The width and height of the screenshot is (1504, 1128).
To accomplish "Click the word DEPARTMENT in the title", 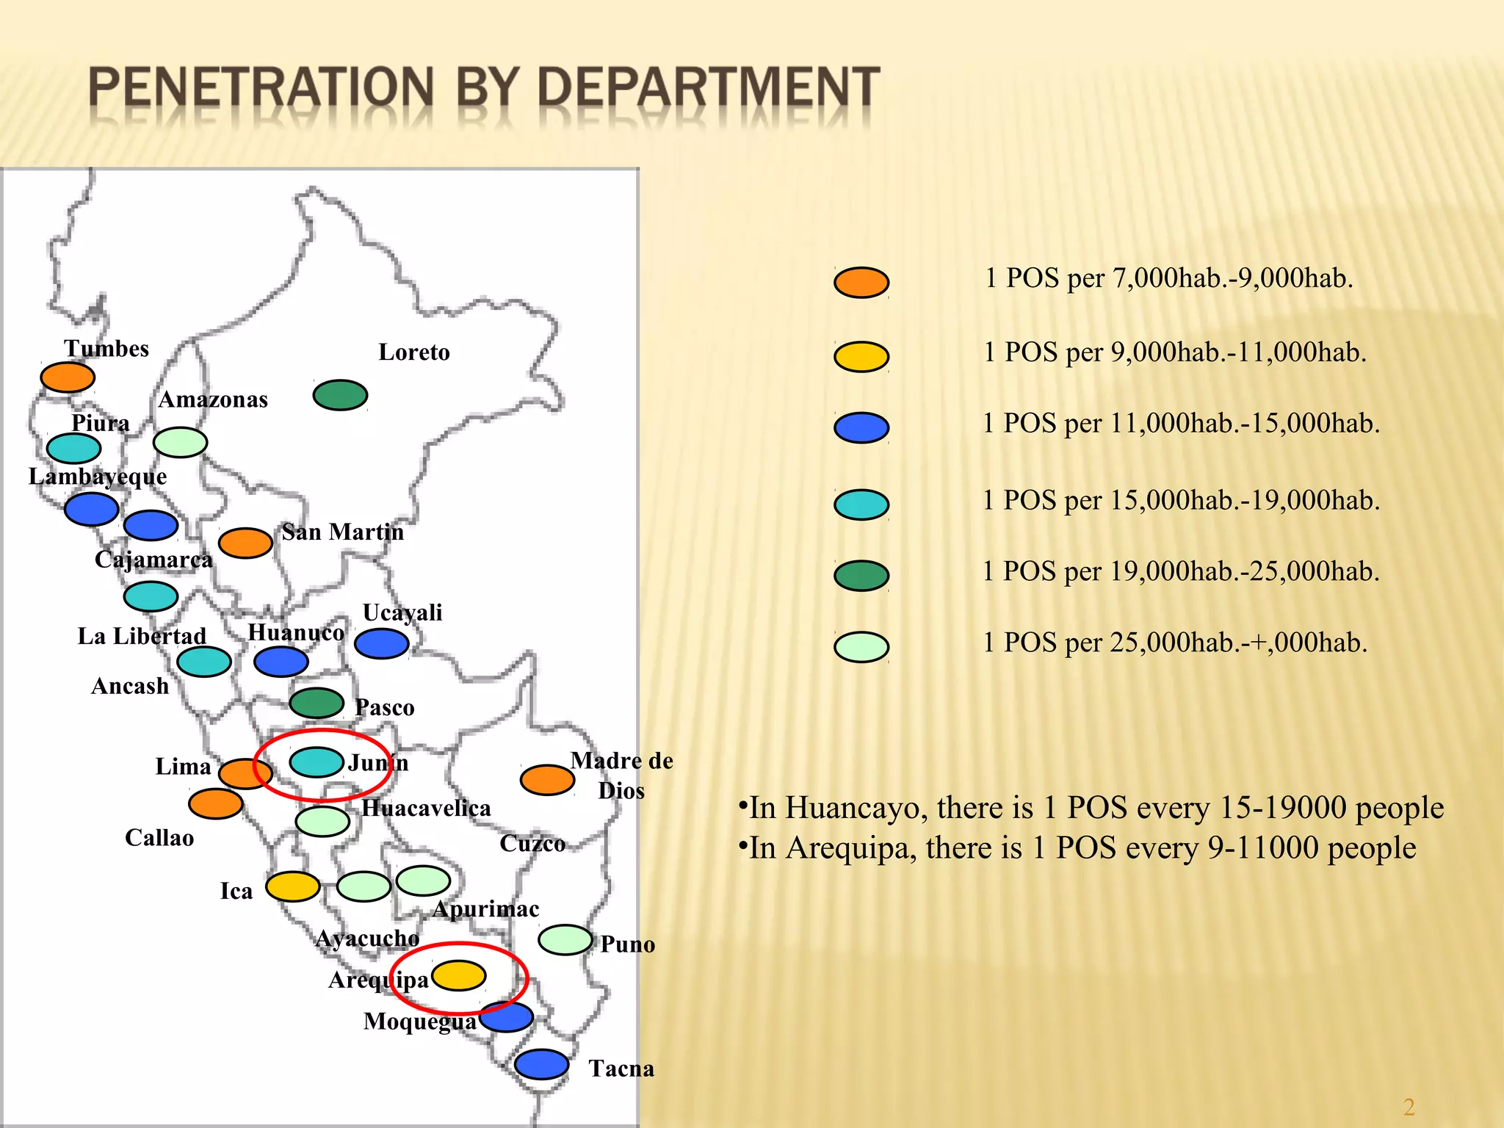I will pyautogui.click(x=708, y=87).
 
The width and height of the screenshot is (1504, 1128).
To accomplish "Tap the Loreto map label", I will pyautogui.click(x=413, y=352).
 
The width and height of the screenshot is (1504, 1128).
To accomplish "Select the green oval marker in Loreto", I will pyautogui.click(x=340, y=395).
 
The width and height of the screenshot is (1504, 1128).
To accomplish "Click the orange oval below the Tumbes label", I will pyautogui.click(x=68, y=377).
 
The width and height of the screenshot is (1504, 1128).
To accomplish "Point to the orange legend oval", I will pyautogui.click(x=861, y=282).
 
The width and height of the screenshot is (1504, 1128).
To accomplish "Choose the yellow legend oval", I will pyautogui.click(x=861, y=357).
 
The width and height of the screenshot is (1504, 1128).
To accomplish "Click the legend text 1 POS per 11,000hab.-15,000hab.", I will pyautogui.click(x=1181, y=424).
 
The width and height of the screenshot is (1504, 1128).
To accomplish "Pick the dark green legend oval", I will pyautogui.click(x=861, y=575).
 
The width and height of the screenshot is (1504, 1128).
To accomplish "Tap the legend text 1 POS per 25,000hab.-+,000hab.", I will pyautogui.click(x=1175, y=643).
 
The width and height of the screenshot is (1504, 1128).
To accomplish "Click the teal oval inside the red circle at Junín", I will pyautogui.click(x=317, y=762).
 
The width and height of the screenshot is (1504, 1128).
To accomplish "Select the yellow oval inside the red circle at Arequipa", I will pyautogui.click(x=459, y=975).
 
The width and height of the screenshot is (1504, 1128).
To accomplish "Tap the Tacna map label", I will pyautogui.click(x=621, y=1069).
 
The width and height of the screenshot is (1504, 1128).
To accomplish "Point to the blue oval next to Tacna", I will pyautogui.click(x=541, y=1064).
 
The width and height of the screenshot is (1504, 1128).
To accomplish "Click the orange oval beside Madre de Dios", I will pyautogui.click(x=547, y=780).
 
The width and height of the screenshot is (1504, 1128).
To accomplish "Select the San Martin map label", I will pyautogui.click(x=342, y=532).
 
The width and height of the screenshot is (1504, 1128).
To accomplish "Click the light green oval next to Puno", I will pyautogui.click(x=565, y=939).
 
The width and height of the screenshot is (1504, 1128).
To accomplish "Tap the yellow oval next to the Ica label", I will pyautogui.click(x=292, y=886).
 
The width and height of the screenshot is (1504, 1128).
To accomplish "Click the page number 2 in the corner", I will pyautogui.click(x=1409, y=1107).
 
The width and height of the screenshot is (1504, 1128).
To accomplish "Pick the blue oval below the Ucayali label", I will pyautogui.click(x=381, y=643).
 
